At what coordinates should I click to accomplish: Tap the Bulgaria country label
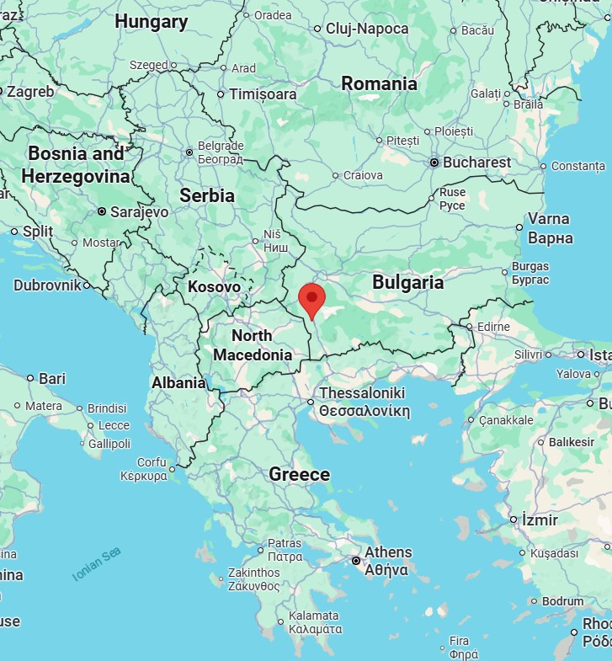[407, 282]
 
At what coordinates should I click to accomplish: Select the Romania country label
[379, 83]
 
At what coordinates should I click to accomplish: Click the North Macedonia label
[252, 345]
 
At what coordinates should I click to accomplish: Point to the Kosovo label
[214, 286]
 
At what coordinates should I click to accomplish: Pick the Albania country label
[178, 382]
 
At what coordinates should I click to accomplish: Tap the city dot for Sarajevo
[102, 212]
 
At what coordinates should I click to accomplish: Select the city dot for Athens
[356, 560]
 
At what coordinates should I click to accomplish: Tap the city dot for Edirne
[468, 327]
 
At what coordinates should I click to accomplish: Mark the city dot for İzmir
[514, 520]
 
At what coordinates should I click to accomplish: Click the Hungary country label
[152, 22]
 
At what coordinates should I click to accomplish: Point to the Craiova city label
[363, 175]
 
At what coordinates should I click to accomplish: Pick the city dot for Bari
[30, 379]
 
